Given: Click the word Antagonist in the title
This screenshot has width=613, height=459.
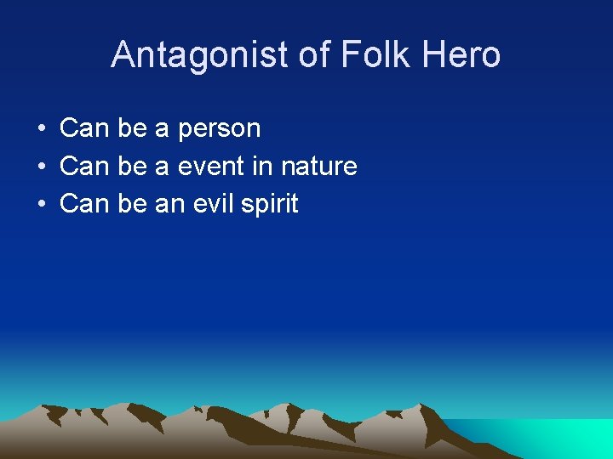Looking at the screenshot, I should click(200, 55).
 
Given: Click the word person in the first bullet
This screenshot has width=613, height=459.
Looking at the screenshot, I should click(219, 129).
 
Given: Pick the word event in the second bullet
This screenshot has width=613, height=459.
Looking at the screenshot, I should click(211, 167).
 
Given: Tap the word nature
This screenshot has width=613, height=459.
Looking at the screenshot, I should click(317, 167).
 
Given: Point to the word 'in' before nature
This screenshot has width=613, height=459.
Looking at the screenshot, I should click(262, 167).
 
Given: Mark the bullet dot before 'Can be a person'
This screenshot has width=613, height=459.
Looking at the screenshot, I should click(41, 129).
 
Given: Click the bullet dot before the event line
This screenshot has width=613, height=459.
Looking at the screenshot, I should click(41, 167).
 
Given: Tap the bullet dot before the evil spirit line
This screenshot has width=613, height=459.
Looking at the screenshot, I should click(41, 204).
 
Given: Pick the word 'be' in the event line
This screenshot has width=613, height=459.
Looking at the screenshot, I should click(132, 167).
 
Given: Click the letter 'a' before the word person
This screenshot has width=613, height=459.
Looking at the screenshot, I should click(162, 129).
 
